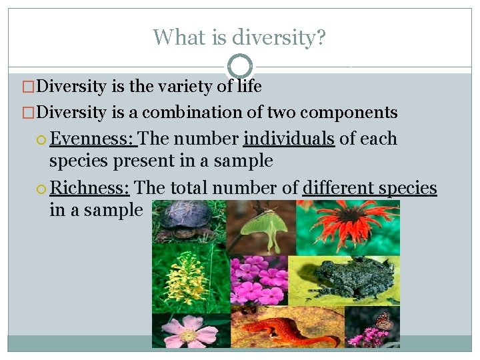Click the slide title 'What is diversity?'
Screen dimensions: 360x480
click(239, 37)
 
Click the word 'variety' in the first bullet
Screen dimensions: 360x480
click(189, 86)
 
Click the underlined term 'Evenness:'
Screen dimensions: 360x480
click(93, 139)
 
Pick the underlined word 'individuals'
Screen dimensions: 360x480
click(289, 139)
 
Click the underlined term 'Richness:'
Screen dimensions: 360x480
click(89, 188)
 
